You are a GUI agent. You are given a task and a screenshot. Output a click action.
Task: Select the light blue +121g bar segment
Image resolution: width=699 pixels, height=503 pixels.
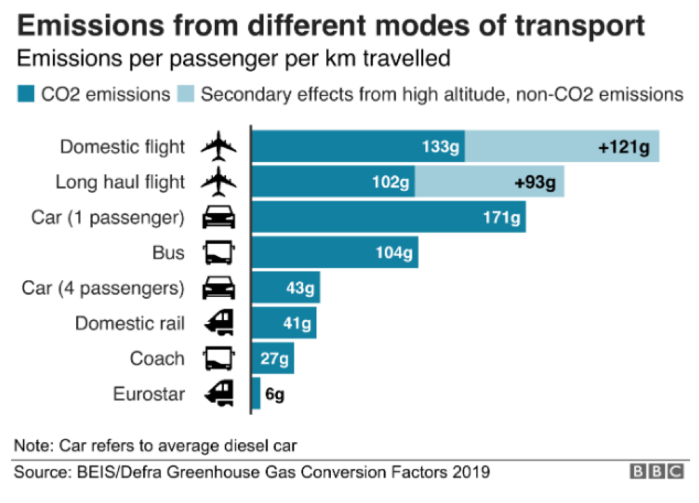tap(562, 147)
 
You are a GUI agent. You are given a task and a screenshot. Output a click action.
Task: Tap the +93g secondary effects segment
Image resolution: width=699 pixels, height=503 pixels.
tap(489, 182)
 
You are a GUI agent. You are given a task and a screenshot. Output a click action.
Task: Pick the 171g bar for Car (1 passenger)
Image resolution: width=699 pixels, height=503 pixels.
tap(388, 218)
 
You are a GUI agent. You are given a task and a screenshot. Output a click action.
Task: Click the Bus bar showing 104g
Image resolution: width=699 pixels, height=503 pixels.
tap(335, 253)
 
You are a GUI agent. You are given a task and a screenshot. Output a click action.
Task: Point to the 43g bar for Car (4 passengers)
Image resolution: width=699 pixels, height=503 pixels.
tap(286, 288)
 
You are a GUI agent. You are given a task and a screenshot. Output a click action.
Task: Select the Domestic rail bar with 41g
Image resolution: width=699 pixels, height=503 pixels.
tap(284, 324)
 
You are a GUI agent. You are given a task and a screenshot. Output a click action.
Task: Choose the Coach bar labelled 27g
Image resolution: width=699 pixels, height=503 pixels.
tap(273, 359)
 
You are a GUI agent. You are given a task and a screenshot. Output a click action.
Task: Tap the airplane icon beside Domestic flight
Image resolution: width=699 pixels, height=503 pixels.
tap(219, 147)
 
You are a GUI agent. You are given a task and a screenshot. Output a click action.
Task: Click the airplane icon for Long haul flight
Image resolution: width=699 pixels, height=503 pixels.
tap(219, 182)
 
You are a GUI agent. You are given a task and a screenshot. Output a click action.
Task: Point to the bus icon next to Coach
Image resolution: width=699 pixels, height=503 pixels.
tap(219, 359)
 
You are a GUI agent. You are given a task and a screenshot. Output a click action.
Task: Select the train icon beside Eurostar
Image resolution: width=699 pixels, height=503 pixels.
tap(219, 394)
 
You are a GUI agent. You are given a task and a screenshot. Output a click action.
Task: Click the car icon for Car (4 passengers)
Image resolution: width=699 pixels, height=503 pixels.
tap(219, 288)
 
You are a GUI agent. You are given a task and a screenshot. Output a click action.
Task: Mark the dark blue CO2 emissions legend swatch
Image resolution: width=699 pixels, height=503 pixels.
tap(25, 94)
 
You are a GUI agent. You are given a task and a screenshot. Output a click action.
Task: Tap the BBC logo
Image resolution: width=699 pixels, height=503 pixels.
tap(656, 472)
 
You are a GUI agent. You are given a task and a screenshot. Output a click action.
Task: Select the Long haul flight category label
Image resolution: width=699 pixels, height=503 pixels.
tap(120, 182)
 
